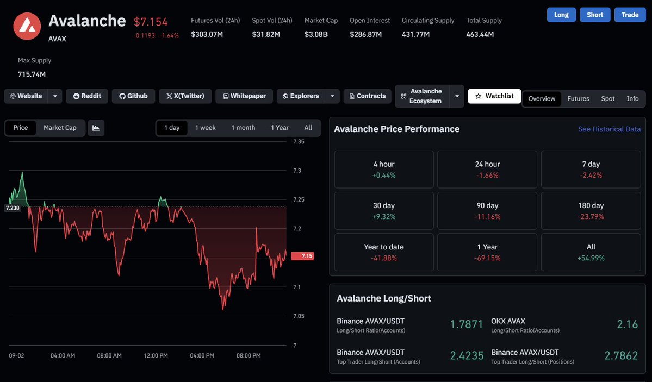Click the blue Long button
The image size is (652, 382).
tap(561, 15)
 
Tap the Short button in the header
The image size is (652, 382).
tap(594, 15)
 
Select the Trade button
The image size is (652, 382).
tap(630, 15)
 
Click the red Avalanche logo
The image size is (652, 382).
tap(27, 26)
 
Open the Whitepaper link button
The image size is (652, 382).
tap(244, 96)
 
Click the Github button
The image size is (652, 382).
tap(133, 96)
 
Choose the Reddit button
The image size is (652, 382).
tap(87, 96)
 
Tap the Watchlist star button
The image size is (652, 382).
tap(494, 96)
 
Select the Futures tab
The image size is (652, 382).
tap(578, 98)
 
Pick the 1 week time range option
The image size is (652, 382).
tap(206, 128)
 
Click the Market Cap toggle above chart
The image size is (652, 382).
tap(60, 128)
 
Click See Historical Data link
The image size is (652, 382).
tap(609, 129)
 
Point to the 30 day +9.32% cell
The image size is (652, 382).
tap(384, 211)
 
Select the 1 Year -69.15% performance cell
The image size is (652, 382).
tap(487, 252)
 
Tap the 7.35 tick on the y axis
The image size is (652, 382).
tap(299, 142)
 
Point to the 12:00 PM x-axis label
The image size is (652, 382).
tap(156, 356)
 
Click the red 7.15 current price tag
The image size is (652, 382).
tap(303, 255)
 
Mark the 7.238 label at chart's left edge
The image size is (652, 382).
tap(13, 208)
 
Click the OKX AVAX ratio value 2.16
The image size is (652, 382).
tap(627, 324)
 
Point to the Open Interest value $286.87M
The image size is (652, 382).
tap(365, 34)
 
